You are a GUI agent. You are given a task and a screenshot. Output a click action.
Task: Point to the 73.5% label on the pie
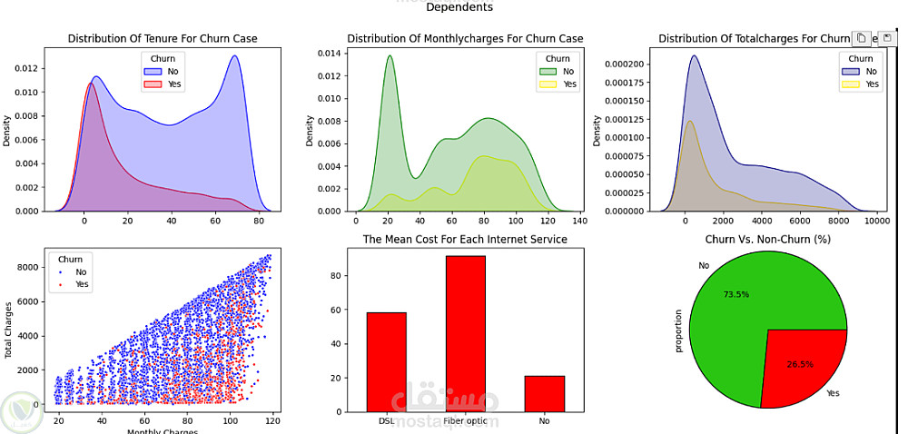pos(736,295)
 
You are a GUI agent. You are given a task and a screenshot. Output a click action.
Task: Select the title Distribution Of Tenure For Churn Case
pos(163,39)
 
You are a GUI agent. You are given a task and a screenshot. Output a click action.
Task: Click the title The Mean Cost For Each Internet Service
pos(465,240)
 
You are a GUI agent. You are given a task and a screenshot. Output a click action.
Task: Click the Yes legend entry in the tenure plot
pos(170,84)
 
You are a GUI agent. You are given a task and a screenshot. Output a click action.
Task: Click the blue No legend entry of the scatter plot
pos(76,271)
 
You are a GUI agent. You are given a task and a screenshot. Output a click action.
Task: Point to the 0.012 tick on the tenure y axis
pos(25,69)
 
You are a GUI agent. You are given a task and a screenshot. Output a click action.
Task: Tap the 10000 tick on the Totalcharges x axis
pos(876,221)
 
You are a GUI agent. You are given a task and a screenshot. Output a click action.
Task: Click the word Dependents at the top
pos(459,7)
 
